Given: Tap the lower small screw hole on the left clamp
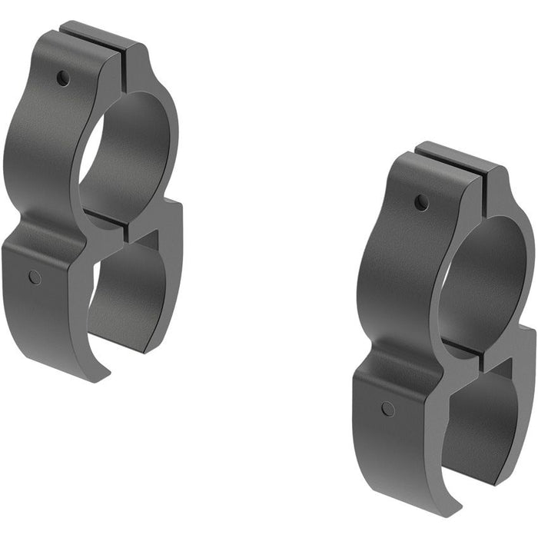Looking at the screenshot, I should point(35,277).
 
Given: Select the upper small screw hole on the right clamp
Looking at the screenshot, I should point(421,203).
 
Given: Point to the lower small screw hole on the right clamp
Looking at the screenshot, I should point(388,409).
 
